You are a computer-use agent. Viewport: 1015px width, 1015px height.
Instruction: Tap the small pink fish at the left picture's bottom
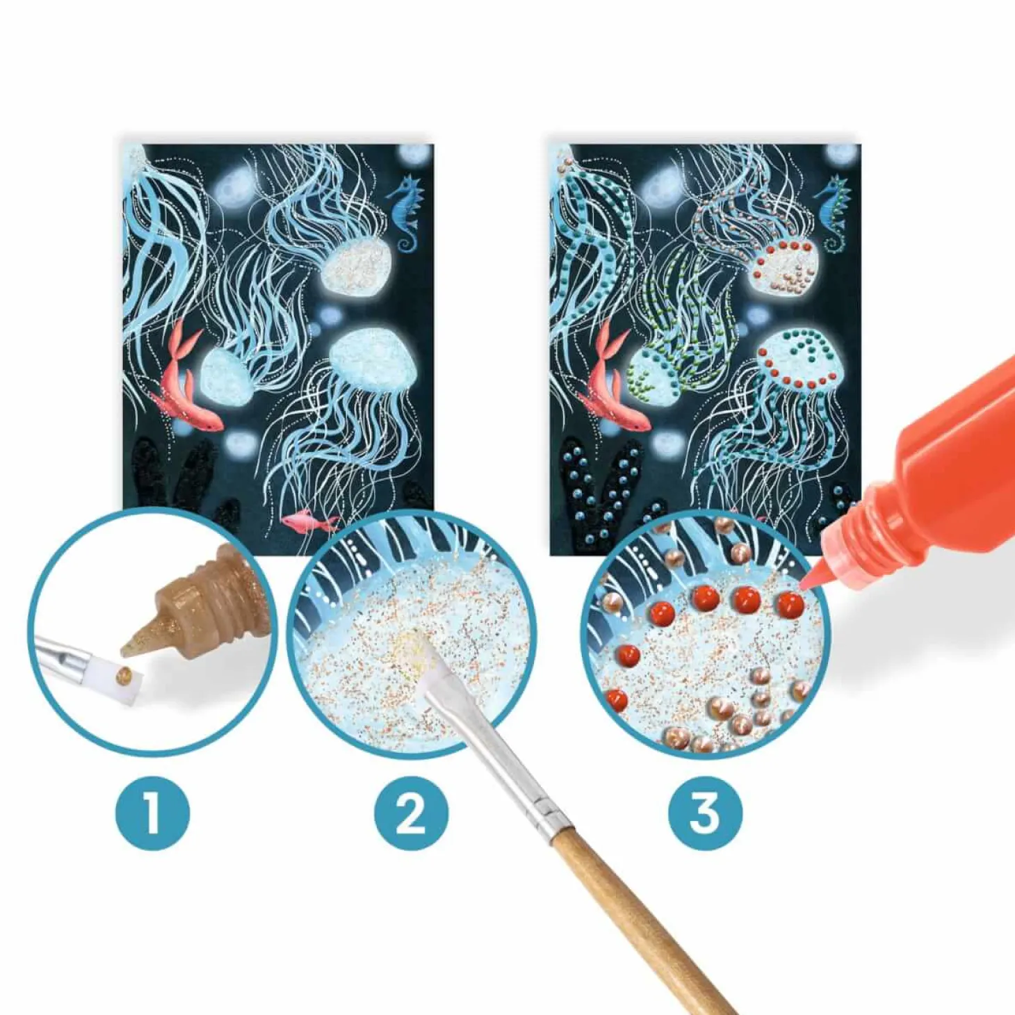[311, 522]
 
